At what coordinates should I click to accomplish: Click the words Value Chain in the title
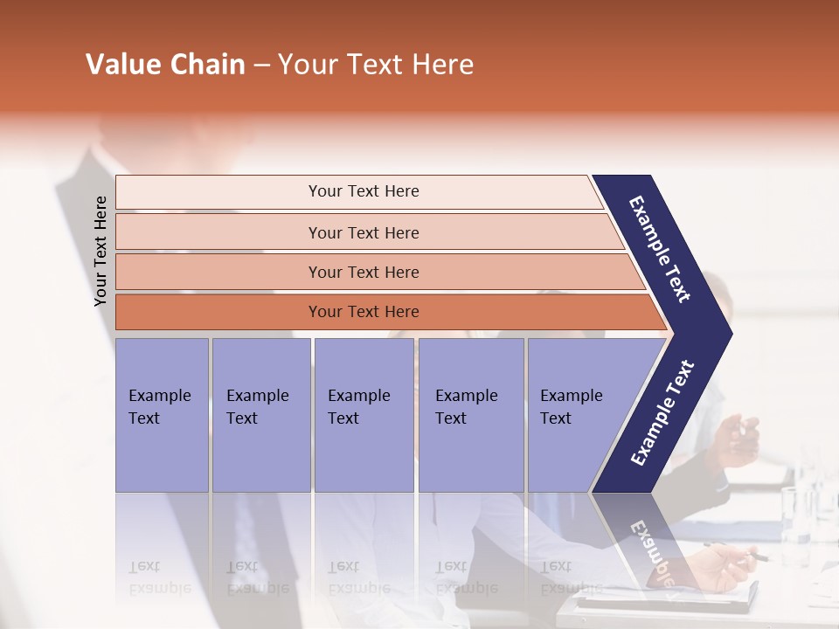[x=165, y=65]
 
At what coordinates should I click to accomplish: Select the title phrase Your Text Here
[x=376, y=65]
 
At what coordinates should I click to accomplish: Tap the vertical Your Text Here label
[x=101, y=251]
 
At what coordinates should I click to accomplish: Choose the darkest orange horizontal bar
[x=218, y=312]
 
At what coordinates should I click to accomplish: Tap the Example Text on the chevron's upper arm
[x=660, y=249]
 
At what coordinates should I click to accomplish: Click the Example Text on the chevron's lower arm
[x=662, y=412]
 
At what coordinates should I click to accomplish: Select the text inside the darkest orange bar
[x=364, y=312]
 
